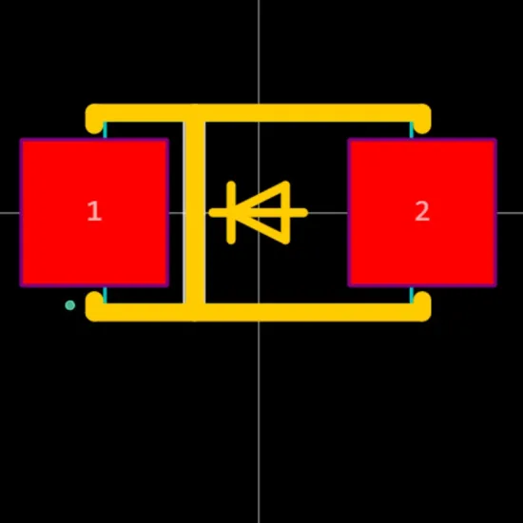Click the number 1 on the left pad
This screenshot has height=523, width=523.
(94, 211)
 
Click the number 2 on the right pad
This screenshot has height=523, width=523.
(422, 211)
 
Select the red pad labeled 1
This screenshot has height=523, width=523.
(94, 212)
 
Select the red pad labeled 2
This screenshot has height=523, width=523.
(422, 212)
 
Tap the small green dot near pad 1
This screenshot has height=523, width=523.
(70, 305)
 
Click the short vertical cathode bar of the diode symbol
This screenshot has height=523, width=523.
(231, 213)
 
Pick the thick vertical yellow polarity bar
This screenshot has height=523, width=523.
(195, 213)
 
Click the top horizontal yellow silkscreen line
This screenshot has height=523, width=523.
(258, 113)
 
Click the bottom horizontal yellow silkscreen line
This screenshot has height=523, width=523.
(258, 313)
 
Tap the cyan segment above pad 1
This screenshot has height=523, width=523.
(105, 130)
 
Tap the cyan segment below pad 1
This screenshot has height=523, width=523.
(105, 295)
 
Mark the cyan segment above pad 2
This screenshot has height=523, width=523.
(412, 130)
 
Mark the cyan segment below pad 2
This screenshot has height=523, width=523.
(412, 295)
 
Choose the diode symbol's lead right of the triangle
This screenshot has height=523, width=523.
(299, 213)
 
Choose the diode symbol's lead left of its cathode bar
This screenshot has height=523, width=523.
(218, 213)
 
